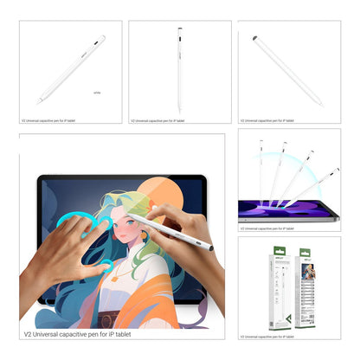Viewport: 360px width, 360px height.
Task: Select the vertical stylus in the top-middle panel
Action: tap(179, 69)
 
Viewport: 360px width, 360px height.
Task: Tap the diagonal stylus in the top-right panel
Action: tap(287, 71)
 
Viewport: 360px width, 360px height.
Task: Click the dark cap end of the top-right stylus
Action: tap(255, 38)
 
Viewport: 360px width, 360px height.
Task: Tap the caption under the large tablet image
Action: tap(79, 333)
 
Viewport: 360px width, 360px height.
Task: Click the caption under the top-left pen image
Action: tap(48, 120)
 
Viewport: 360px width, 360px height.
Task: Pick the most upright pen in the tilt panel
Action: tap(260, 173)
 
